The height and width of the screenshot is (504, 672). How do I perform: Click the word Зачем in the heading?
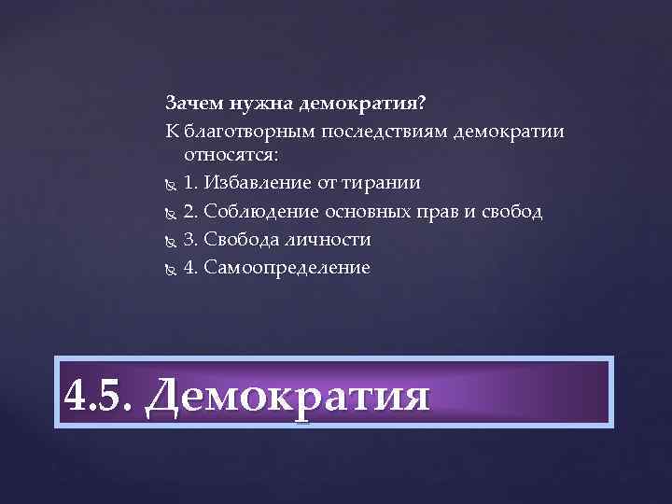(x=192, y=101)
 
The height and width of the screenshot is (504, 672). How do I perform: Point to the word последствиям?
(x=383, y=130)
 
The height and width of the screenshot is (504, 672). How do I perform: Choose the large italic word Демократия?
(x=288, y=394)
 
